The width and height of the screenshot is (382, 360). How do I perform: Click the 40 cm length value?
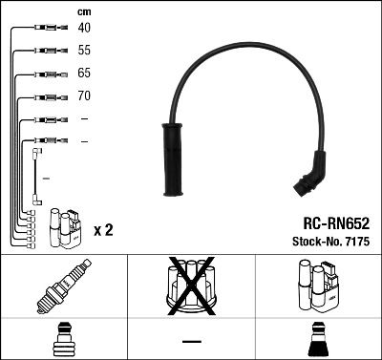85,28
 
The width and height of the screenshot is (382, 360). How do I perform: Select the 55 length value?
85,50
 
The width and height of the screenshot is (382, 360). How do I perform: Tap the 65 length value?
85,73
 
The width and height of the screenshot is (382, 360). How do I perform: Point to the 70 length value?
85,95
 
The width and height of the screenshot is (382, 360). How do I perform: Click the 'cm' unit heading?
84,11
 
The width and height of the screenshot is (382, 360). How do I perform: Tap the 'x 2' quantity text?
104,231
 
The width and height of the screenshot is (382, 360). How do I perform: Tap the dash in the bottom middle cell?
191,341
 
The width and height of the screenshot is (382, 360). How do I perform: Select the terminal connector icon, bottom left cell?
63,342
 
